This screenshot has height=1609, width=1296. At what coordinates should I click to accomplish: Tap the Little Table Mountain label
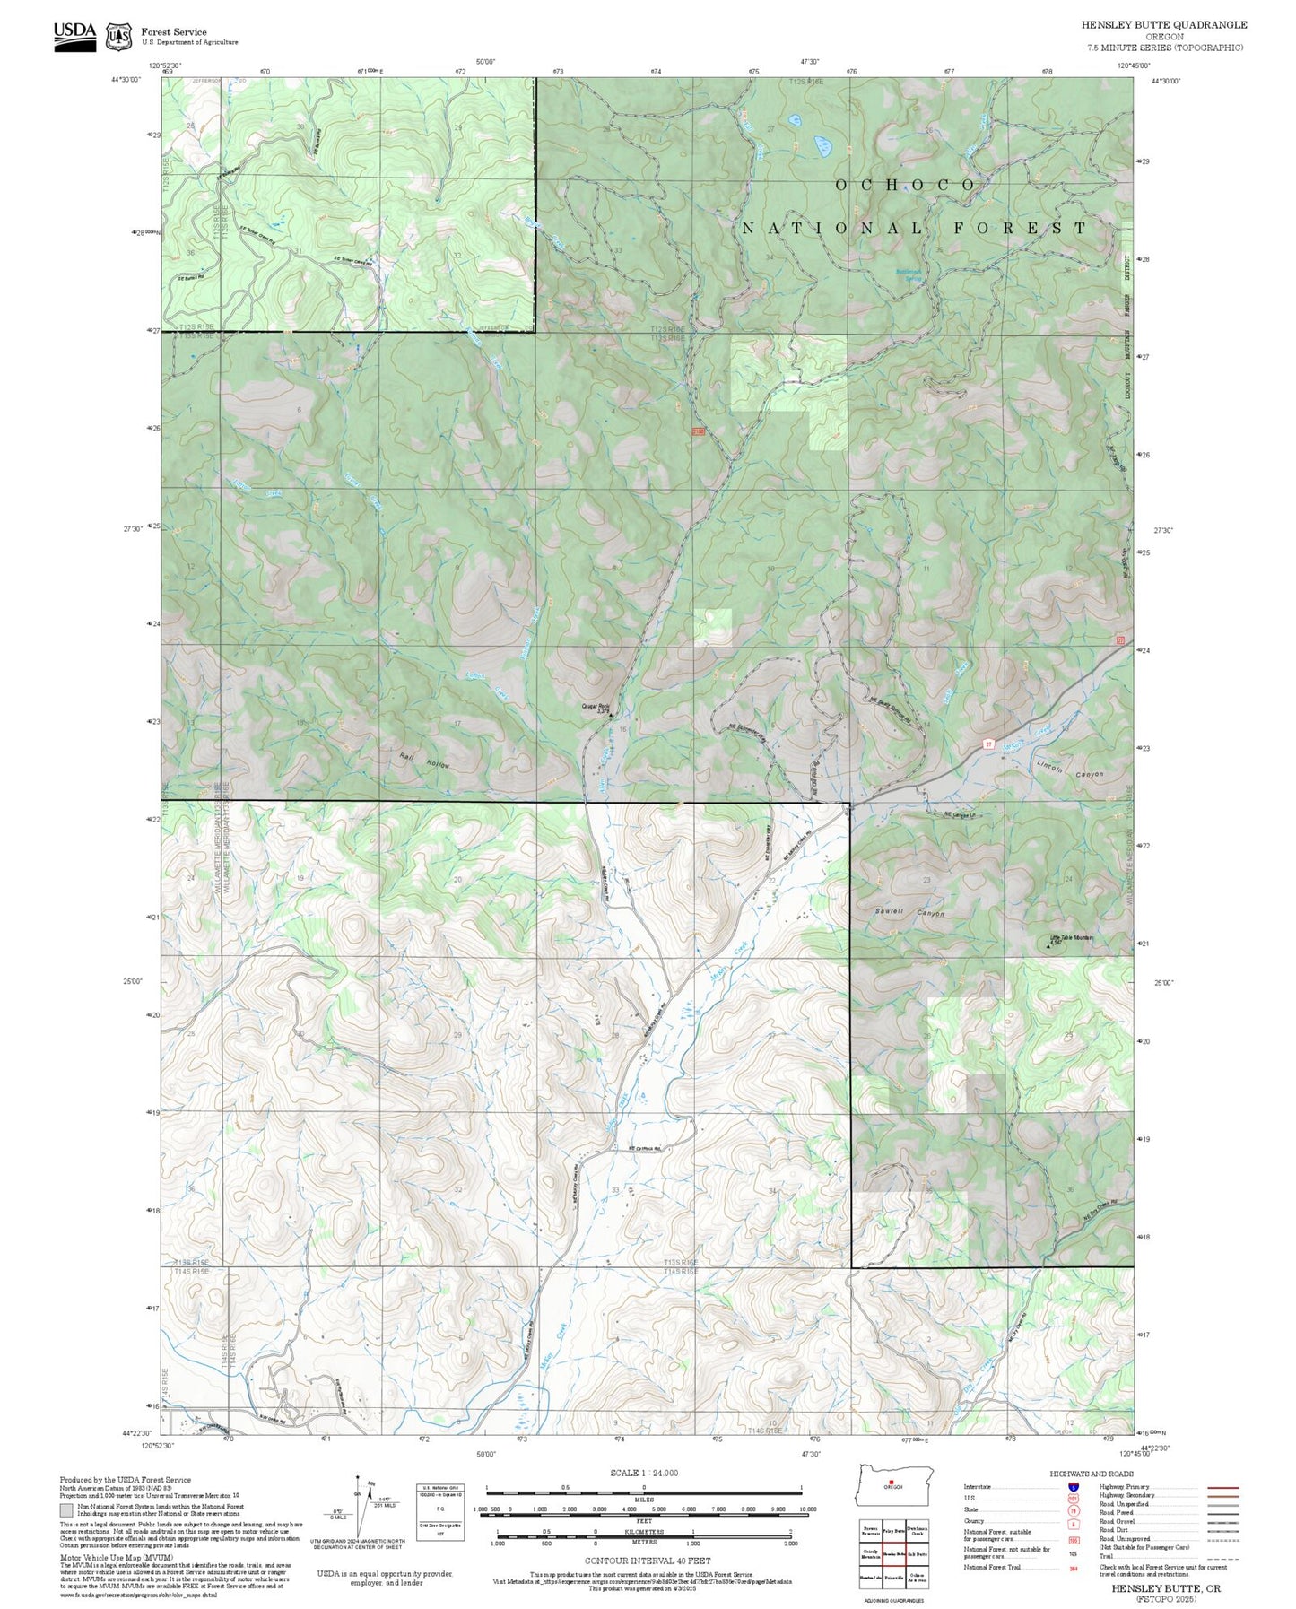(x=1072, y=938)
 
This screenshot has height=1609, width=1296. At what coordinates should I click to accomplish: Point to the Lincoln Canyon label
(x=1070, y=771)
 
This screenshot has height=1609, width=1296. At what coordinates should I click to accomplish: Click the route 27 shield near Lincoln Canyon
(x=987, y=744)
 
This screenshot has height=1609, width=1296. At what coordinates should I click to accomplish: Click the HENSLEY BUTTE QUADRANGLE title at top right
(x=1163, y=24)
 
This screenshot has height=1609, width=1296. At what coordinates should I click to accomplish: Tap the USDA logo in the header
(x=74, y=36)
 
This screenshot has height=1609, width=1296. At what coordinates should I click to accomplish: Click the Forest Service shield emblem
(x=118, y=36)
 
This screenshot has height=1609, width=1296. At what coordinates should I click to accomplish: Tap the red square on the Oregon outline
(x=891, y=1482)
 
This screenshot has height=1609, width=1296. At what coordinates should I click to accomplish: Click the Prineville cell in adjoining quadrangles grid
(x=894, y=1576)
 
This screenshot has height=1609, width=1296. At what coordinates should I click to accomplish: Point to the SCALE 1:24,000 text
(x=643, y=1473)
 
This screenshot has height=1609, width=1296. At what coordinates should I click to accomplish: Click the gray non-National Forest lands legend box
(x=66, y=1511)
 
